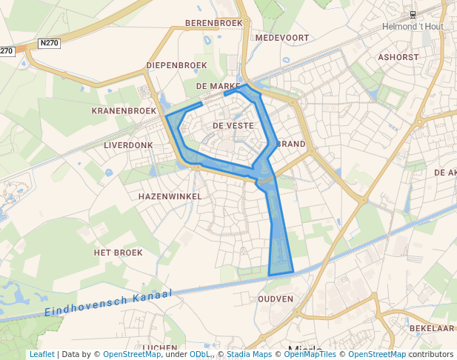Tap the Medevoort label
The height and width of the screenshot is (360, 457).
[x=281, y=38]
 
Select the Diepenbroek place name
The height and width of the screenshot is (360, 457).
[x=176, y=65]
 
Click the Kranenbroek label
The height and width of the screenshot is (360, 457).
[x=124, y=110]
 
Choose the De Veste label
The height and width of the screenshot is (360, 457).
[x=233, y=126]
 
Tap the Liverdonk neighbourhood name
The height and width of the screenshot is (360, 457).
[x=128, y=145]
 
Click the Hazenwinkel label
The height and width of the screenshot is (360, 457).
[x=170, y=196]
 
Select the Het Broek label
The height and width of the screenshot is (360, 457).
[x=118, y=253]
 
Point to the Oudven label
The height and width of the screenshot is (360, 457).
[x=276, y=299]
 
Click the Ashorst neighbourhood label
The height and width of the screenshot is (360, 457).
[x=398, y=56]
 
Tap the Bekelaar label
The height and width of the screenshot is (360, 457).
[x=431, y=328]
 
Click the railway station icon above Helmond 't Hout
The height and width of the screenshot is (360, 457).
[x=413, y=14]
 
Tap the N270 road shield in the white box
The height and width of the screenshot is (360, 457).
[x=49, y=43]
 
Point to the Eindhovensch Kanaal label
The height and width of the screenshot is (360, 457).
[x=107, y=303]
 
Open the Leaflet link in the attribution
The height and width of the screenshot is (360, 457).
[x=41, y=354]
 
